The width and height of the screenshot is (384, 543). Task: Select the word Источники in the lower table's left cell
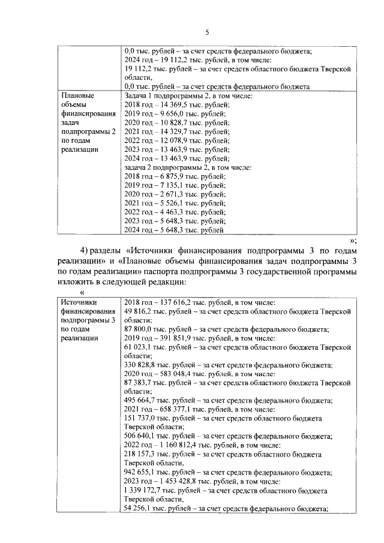click(x=79, y=303)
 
